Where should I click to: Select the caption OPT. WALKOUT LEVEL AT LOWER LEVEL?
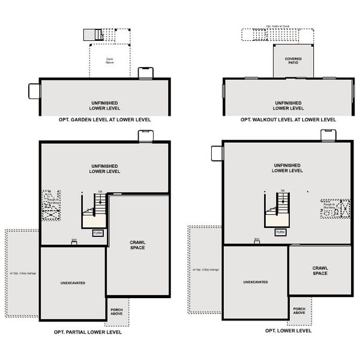[288, 119]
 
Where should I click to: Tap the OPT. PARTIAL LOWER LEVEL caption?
[88, 331]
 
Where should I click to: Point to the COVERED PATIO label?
[293, 61]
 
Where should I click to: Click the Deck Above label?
[110, 61]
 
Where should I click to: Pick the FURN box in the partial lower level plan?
[98, 232]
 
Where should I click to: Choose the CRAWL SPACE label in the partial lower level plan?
[137, 245]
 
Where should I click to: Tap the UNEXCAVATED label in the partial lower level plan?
[72, 281]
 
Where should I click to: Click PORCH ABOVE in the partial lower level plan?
[116, 312]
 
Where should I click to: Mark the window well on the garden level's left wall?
[34, 91]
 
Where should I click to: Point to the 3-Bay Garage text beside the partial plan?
[23, 274]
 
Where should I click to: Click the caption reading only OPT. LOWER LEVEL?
[288, 331]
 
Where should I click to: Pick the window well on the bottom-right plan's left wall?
[217, 153]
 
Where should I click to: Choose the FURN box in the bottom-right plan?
[281, 232]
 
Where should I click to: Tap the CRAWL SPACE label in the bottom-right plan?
[319, 271]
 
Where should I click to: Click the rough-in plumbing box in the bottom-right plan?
[334, 208]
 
